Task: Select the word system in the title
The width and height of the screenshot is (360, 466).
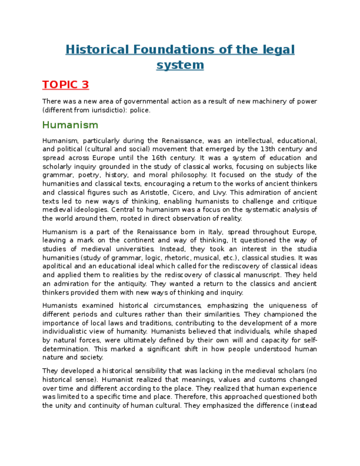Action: [180, 65]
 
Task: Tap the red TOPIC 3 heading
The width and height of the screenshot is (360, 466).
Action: [65, 85]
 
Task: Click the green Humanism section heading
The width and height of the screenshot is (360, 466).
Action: [70, 125]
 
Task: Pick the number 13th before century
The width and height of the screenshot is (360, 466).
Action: [268, 149]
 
